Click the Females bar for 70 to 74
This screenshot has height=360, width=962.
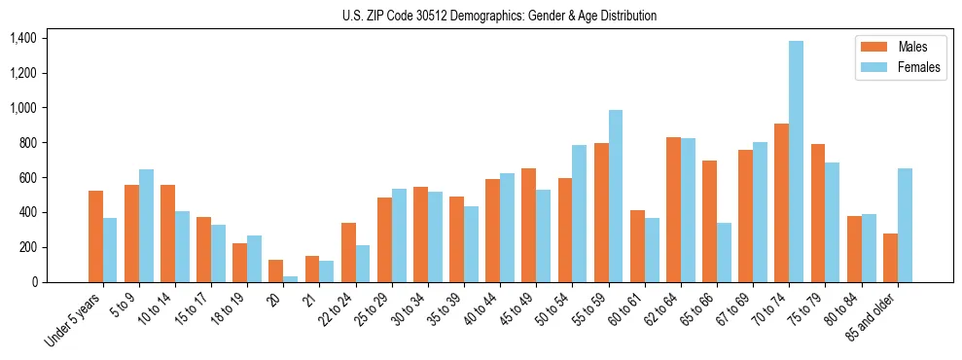pyautogui.click(x=796, y=162)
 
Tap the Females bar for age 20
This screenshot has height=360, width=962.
pyautogui.click(x=291, y=279)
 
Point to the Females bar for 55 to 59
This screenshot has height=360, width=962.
pyautogui.click(x=616, y=196)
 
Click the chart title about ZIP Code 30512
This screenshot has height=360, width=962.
pyautogui.click(x=499, y=16)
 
